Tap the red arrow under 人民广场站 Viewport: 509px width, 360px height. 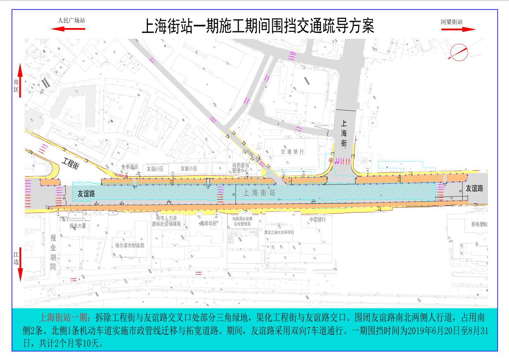pyautogui.click(x=68, y=29)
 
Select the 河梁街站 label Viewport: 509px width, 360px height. pyautogui.click(x=451, y=21)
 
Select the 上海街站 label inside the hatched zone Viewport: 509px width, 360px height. pyautogui.click(x=259, y=192)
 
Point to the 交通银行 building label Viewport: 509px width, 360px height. pyautogui.click(x=293, y=152)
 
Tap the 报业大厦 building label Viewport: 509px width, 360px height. pyautogui.click(x=78, y=226)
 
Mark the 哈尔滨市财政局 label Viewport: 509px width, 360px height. pyautogui.click(x=130, y=245)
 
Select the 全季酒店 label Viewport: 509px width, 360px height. pyautogui.click(x=129, y=168)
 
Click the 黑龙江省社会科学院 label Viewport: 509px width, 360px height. pyautogui.click(x=279, y=232)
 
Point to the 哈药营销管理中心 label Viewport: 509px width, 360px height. pyautogui.click(x=241, y=168)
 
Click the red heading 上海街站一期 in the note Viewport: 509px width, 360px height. pyautogui.click(x=64, y=318)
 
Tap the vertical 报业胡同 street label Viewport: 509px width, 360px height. pyautogui.click(x=53, y=252)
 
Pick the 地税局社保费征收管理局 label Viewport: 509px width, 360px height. pyautogui.click(x=242, y=221)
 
